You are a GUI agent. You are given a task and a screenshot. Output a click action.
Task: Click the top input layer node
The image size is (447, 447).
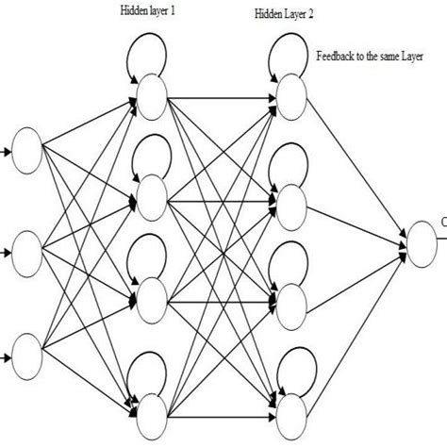click(26, 149)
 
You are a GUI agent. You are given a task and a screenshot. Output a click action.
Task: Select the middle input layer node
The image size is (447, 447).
click(26, 252)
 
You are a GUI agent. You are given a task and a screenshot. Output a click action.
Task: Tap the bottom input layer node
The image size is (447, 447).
click(26, 357)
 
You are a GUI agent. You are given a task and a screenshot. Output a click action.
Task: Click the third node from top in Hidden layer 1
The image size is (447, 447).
click(151, 301)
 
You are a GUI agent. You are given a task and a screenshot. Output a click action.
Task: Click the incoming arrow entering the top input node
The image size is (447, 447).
click(7, 149)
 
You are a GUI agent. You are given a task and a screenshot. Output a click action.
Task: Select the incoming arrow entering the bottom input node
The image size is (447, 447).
click(7, 357)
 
